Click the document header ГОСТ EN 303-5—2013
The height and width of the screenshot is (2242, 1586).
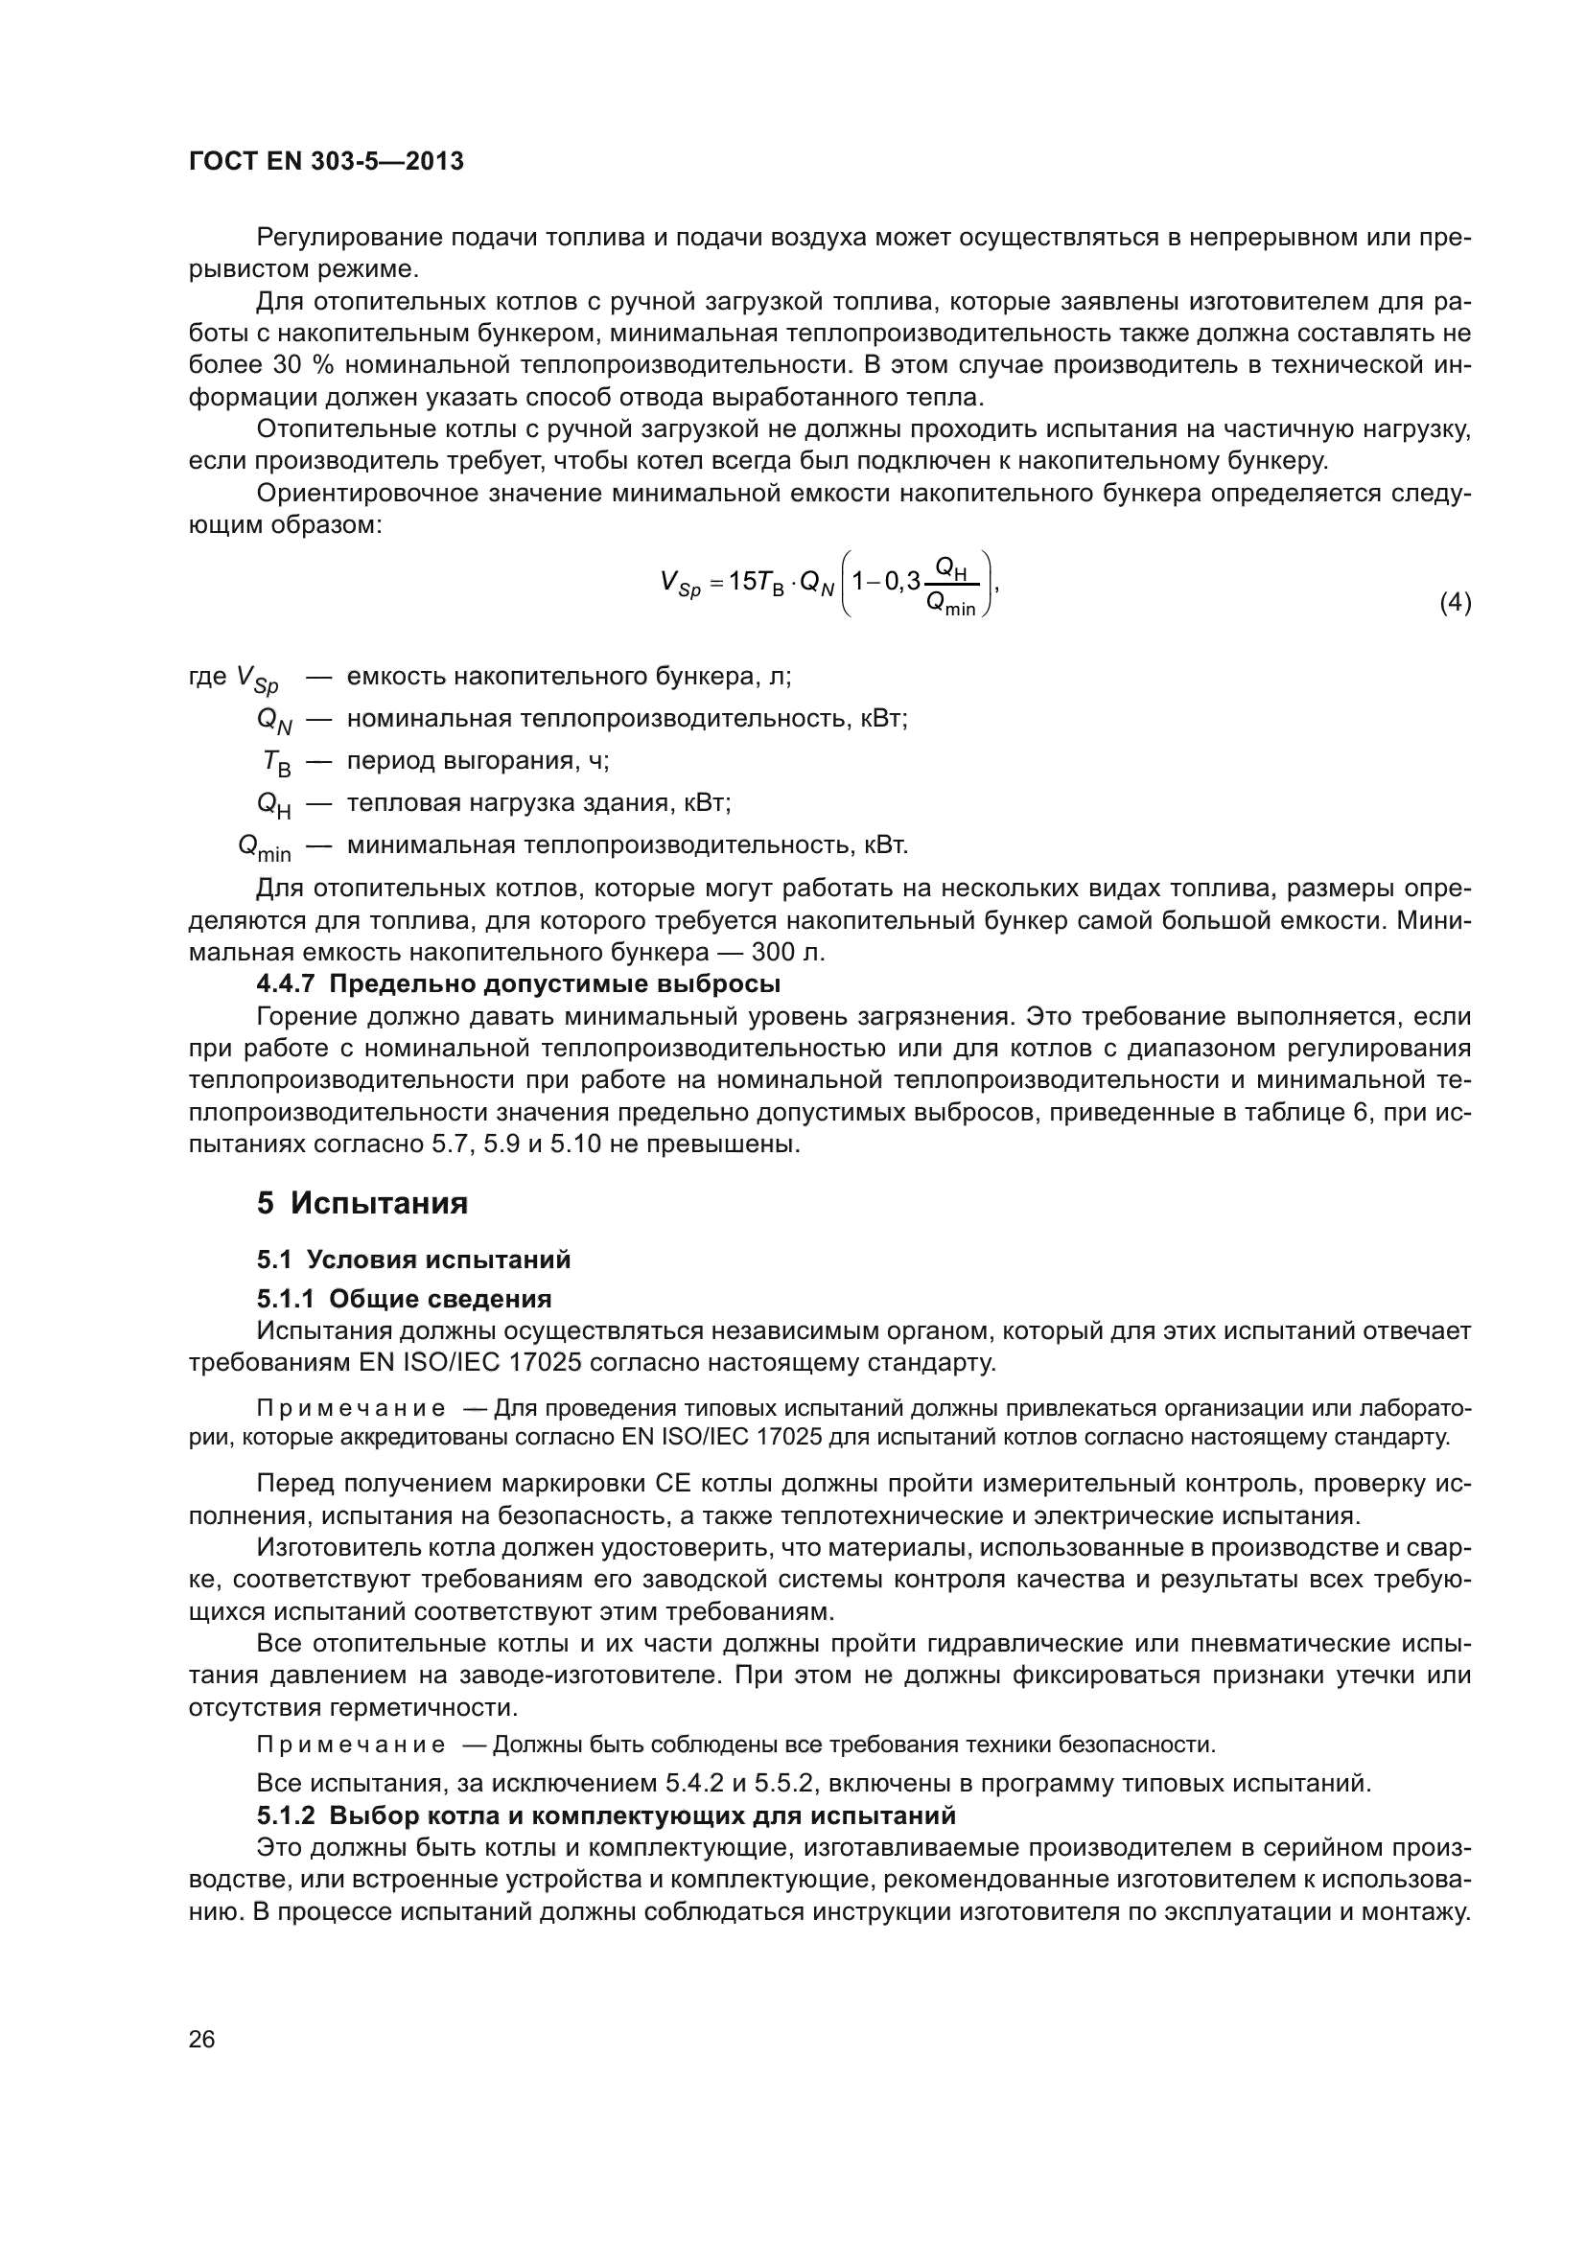[x=326, y=162]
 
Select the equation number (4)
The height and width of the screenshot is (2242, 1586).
[x=1456, y=603]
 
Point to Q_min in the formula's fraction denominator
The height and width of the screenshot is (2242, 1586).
[x=950, y=606]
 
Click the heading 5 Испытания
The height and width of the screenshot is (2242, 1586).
[x=362, y=1203]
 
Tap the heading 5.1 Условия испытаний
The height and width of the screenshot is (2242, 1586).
[x=414, y=1260]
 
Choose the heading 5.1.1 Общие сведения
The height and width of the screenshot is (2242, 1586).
[x=405, y=1299]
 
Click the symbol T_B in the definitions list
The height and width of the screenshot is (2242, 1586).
[x=276, y=763]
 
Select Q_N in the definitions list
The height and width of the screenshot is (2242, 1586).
[x=273, y=721]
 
